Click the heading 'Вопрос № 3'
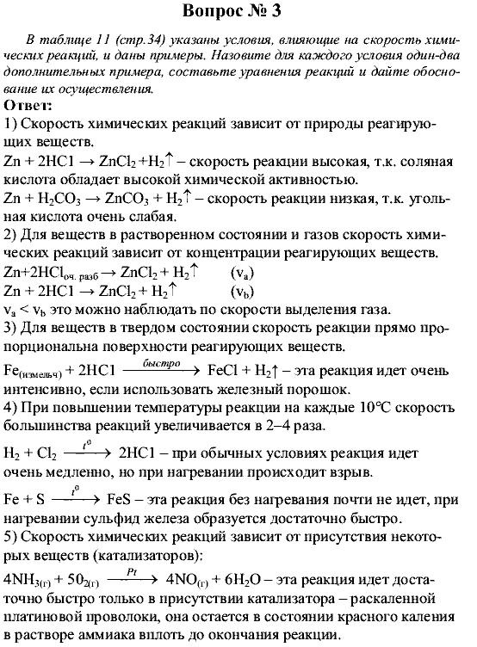point(238,13)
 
